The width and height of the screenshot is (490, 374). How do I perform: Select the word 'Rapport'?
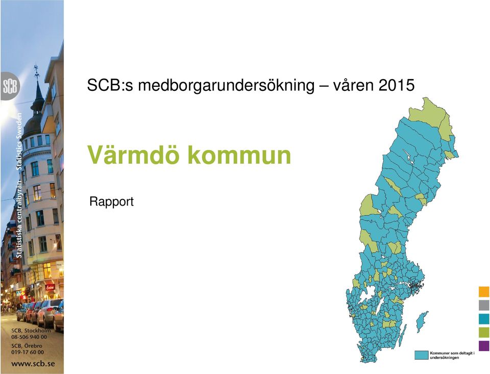pyautogui.click(x=111, y=202)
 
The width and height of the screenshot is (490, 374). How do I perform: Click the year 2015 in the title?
pyautogui.click(x=397, y=85)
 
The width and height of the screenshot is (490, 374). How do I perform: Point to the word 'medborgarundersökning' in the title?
pyautogui.click(x=226, y=86)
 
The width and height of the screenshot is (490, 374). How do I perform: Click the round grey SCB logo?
pyautogui.click(x=10, y=86)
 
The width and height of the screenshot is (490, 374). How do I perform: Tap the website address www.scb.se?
pyautogui.click(x=33, y=363)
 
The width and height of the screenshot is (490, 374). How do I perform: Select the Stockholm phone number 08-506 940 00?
pyautogui.click(x=29, y=337)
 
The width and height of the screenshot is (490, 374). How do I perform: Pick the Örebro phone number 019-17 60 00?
pyautogui.click(x=28, y=352)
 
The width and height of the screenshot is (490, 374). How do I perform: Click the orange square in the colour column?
pyautogui.click(x=484, y=291)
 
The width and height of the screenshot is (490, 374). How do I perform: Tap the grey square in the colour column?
pyautogui.click(x=484, y=305)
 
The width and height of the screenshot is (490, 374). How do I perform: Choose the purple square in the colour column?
pyautogui.click(x=484, y=345)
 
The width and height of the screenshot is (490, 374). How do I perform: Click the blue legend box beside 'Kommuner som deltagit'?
pyautogui.click(x=421, y=355)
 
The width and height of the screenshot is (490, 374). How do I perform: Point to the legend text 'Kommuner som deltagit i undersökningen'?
pyautogui.click(x=452, y=355)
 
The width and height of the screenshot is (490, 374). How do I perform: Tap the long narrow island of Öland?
pyautogui.click(x=403, y=335)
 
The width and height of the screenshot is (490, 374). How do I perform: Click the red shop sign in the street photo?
pyautogui.click(x=50, y=287)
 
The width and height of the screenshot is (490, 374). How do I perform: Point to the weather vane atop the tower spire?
pyautogui.click(x=37, y=71)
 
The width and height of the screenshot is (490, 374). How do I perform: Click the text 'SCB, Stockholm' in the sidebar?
pyautogui.click(x=31, y=331)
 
